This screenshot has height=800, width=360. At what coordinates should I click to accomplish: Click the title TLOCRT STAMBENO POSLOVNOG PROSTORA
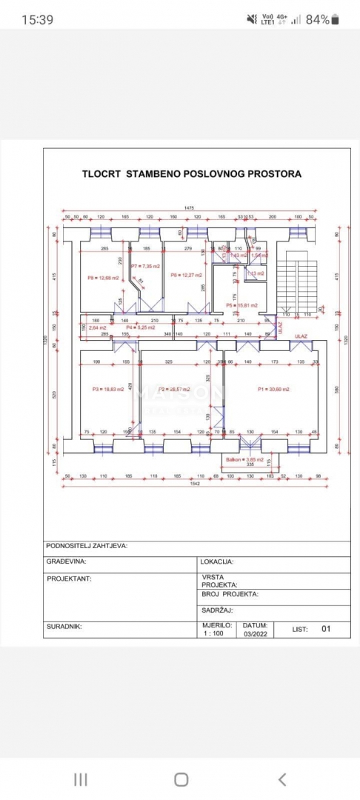pyautogui.click(x=191, y=174)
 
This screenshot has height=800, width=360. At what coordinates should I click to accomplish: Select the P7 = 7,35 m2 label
pyautogui.click(x=145, y=265)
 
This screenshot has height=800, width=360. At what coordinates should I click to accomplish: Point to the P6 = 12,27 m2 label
pyautogui.click(x=184, y=275)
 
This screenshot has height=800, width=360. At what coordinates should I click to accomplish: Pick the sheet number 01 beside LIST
pyautogui.click(x=325, y=629)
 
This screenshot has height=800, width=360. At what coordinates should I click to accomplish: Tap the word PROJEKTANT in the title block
pyautogui.click(x=69, y=579)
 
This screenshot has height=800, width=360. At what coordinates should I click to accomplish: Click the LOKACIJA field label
pyautogui.click(x=218, y=562)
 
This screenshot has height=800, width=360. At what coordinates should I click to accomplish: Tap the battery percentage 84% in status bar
pyautogui.click(x=317, y=20)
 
